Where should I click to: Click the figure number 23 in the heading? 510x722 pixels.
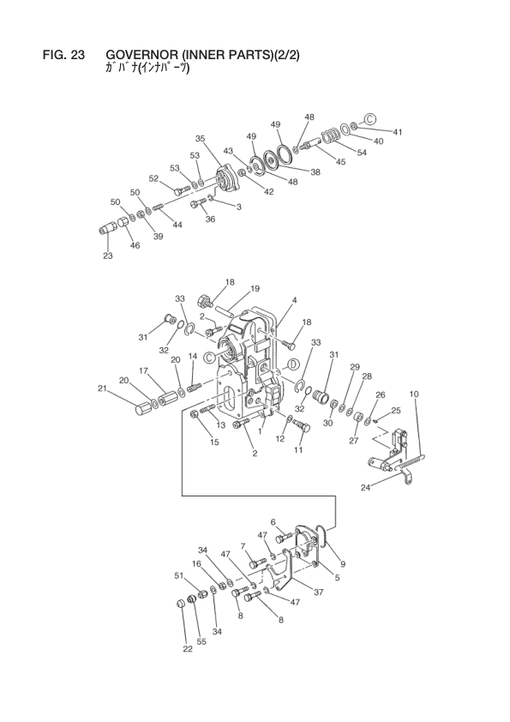(x=78, y=55)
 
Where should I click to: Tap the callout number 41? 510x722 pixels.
(x=398, y=132)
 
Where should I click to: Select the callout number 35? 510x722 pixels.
(x=200, y=138)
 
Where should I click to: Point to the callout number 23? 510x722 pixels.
(x=108, y=256)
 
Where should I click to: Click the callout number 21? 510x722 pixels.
(x=102, y=388)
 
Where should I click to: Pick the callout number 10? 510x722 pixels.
(x=414, y=394)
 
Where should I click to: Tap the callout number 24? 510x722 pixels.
(x=365, y=488)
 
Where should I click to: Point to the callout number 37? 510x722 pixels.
(x=319, y=593)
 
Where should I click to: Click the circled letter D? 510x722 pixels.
(x=293, y=364)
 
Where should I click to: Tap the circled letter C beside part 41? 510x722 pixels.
(x=371, y=119)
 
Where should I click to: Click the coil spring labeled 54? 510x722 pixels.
(x=331, y=136)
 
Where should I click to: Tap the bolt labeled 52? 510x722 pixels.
(x=183, y=190)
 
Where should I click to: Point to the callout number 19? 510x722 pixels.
(x=255, y=289)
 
